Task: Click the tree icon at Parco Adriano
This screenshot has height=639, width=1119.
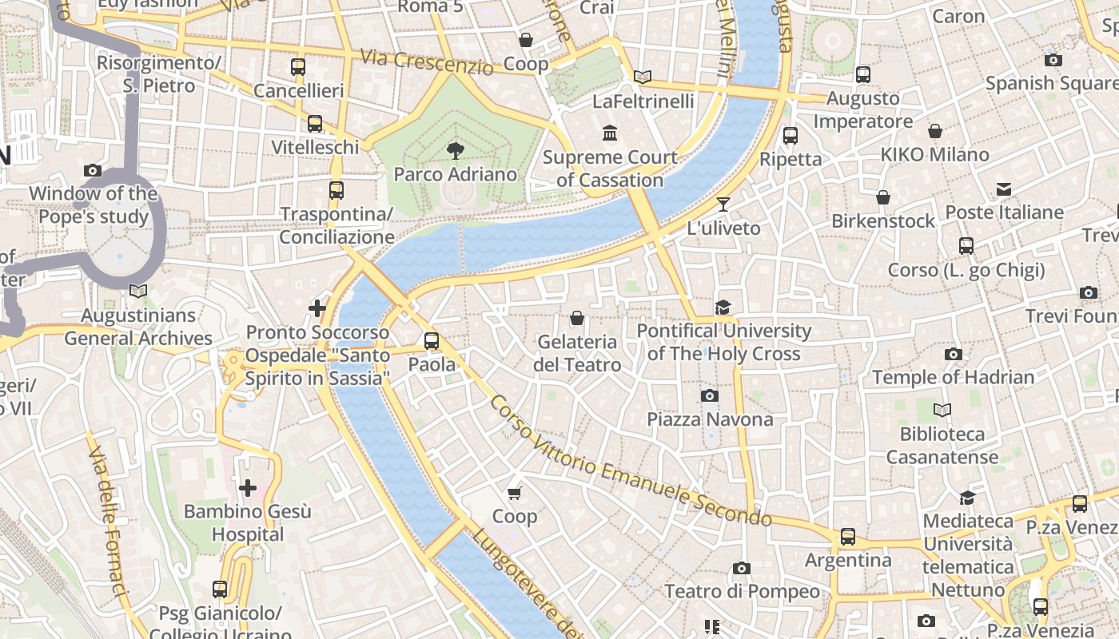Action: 456,150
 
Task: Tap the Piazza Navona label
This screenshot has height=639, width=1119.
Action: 710,419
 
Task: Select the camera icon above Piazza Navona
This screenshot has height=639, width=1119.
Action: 709,395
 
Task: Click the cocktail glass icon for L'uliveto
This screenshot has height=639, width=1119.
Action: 723,204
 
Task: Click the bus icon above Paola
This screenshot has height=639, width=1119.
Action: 432,341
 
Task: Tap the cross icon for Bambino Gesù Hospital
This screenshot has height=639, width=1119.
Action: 248,487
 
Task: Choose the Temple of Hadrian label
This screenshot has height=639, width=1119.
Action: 953,377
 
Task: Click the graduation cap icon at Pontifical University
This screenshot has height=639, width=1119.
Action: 723,307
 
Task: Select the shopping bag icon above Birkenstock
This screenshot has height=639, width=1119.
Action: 883,196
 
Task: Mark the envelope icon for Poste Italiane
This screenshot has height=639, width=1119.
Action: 1004,189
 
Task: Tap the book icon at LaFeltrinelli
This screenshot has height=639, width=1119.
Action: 643,77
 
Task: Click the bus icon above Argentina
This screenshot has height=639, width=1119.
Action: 847,537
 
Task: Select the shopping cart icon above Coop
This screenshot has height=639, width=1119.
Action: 515,493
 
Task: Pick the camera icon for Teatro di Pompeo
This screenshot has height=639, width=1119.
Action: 742,568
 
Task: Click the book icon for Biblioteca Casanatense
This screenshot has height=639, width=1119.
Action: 942,411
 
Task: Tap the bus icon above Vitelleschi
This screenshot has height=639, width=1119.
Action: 315,124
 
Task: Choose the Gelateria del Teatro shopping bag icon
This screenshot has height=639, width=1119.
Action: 577,318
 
